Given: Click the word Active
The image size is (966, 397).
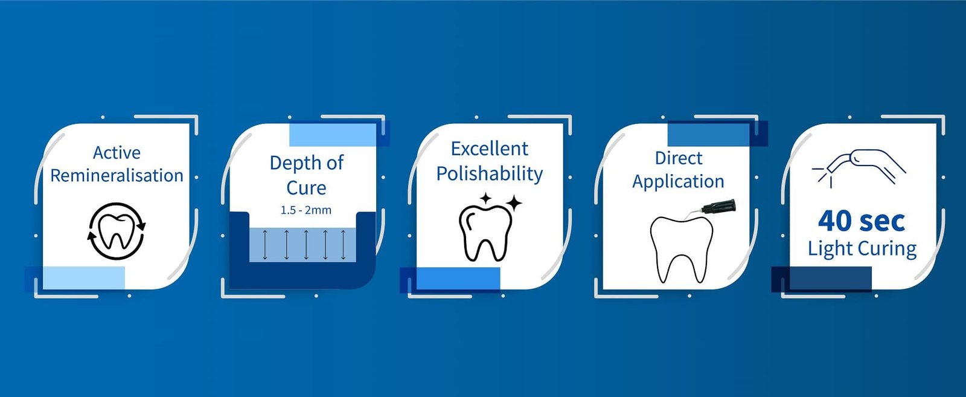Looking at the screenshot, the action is tap(117, 153).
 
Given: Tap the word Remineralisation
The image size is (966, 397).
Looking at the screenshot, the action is tap(117, 176).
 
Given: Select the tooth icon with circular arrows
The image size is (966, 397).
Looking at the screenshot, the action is tap(117, 231).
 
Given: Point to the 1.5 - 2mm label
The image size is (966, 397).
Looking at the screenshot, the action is tap(306, 210).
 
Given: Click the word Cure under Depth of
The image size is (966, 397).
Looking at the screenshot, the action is tap(306, 188).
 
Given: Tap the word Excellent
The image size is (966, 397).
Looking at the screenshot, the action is tap(490, 149).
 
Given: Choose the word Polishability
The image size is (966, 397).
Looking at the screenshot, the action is tap(490, 173).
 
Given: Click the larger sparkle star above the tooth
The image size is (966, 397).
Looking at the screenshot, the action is tap(514, 203).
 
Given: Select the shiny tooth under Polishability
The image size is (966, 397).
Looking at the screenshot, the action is tap(485, 233).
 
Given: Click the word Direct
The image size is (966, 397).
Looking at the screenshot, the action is tap(679, 158).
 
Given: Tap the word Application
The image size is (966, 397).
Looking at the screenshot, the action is tap(679, 181).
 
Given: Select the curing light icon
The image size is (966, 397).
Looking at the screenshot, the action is tap(858, 169).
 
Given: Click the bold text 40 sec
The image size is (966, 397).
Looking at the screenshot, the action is tap(862, 221).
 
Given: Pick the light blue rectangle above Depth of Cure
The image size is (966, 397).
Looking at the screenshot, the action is tap(333, 135).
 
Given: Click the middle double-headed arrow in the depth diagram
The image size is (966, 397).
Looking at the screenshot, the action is tap(306, 245).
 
